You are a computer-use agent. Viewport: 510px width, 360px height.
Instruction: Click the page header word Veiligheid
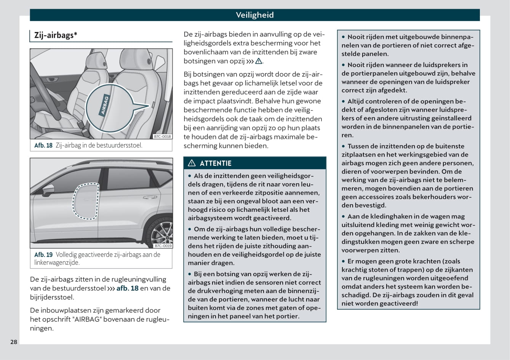[254, 15]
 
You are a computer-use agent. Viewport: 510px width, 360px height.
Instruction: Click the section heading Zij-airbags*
[56, 35]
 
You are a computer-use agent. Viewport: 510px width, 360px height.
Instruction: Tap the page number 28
[14, 342]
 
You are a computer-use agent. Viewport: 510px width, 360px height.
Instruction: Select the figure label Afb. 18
[43, 145]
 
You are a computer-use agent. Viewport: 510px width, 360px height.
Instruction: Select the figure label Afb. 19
[43, 254]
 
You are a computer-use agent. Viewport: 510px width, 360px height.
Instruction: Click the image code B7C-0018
[163, 136]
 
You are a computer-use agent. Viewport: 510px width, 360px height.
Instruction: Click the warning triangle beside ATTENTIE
[192, 163]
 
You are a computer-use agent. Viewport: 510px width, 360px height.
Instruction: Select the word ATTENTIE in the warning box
[216, 163]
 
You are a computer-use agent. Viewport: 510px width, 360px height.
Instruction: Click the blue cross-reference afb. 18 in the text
[128, 288]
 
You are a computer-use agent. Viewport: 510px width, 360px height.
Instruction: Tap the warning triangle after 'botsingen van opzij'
[259, 61]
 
